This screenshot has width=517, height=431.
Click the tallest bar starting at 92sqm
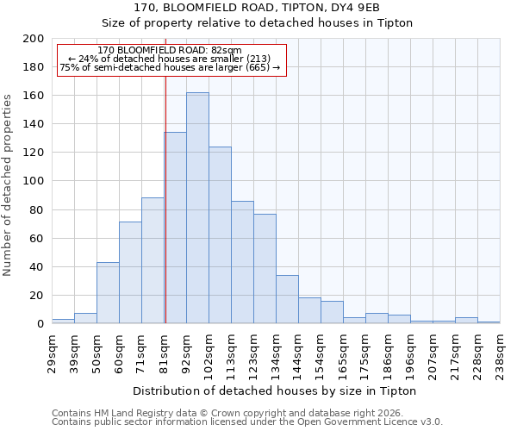pyautogui.click(x=197, y=208)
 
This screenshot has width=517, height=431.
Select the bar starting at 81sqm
pyautogui.click(x=175, y=228)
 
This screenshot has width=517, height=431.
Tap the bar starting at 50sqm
pyautogui.click(x=108, y=293)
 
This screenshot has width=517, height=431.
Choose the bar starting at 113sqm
pyautogui.click(x=242, y=262)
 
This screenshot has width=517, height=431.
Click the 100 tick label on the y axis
pyautogui.click(x=34, y=181)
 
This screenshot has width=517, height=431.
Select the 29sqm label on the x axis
pyautogui.click(x=53, y=348)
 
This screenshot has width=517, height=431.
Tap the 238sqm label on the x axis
pyautogui.click(x=501, y=348)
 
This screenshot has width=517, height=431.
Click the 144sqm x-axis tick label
pyautogui.click(x=299, y=348)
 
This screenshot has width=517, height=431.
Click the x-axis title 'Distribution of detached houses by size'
pyautogui.click(x=276, y=390)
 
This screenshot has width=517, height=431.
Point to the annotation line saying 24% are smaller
pyautogui.click(x=170, y=59)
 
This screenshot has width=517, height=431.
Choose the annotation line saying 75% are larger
pyautogui.click(x=170, y=67)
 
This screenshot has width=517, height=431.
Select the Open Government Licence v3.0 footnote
pyautogui.click(x=247, y=422)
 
